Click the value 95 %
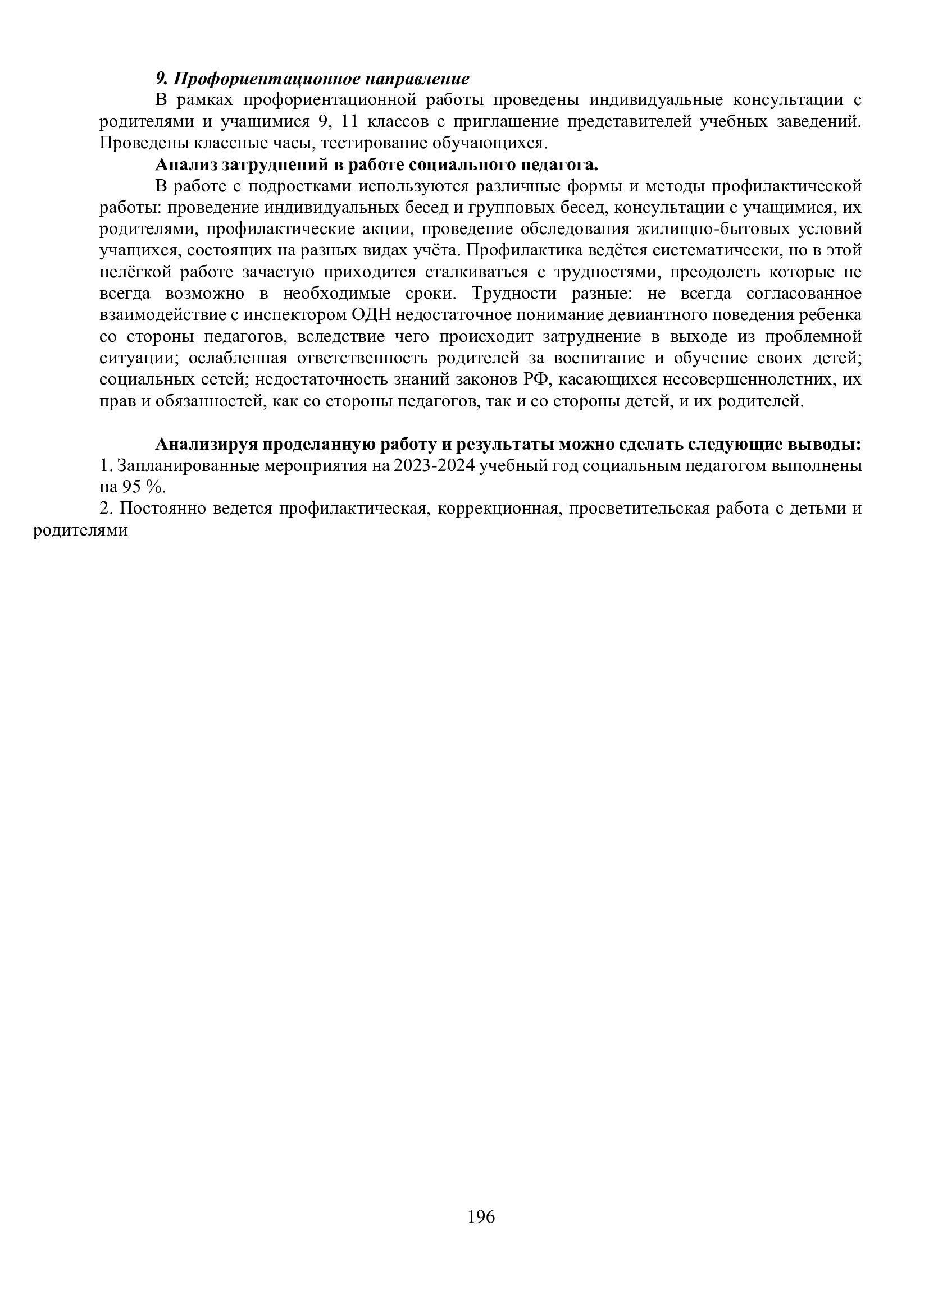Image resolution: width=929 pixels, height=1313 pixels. pyautogui.click(x=144, y=487)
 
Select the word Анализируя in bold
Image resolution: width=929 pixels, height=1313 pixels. pyautogui.click(x=206, y=445)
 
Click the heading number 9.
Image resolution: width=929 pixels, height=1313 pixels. pyautogui.click(x=161, y=79)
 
